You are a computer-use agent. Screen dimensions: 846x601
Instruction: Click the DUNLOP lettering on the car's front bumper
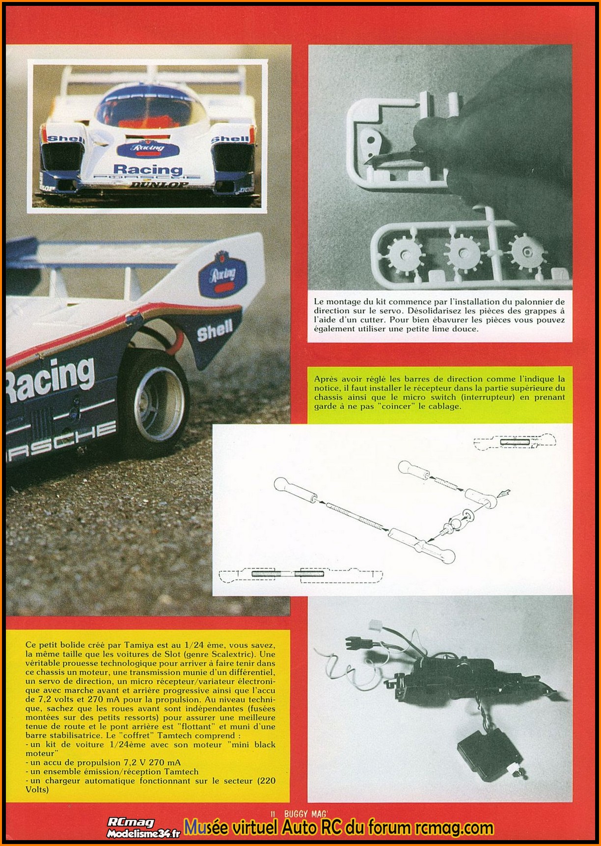[x=159, y=185]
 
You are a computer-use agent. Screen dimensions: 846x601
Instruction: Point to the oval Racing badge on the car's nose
[x=148, y=148]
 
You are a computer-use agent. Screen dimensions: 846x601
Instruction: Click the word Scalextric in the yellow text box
[x=239, y=654]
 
